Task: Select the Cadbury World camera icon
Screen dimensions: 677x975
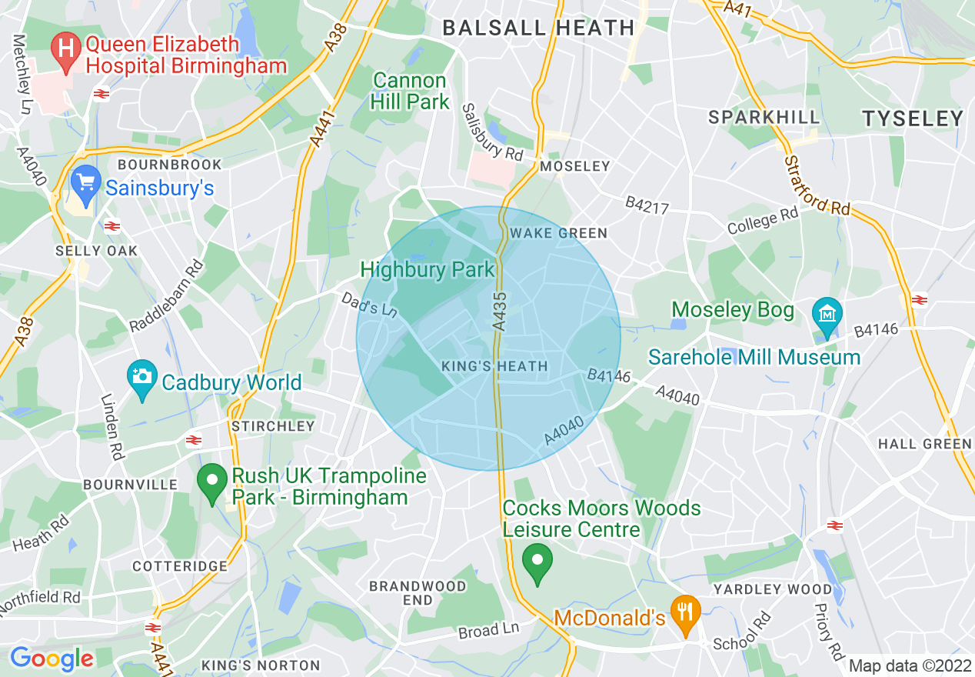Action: [142, 378]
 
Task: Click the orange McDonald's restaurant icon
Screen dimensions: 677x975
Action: [682, 613]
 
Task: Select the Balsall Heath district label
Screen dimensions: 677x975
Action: [538, 28]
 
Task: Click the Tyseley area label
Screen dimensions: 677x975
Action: [912, 118]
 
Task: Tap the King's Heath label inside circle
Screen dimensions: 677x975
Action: [495, 367]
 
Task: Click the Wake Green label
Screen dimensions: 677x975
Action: [559, 233]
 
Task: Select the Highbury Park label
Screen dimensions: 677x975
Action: [427, 270]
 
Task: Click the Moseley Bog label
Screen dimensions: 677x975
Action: [732, 310]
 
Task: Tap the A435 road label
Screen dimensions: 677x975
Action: [500, 311]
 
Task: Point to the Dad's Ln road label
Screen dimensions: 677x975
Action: [369, 302]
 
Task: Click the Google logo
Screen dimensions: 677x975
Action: [52, 659]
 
